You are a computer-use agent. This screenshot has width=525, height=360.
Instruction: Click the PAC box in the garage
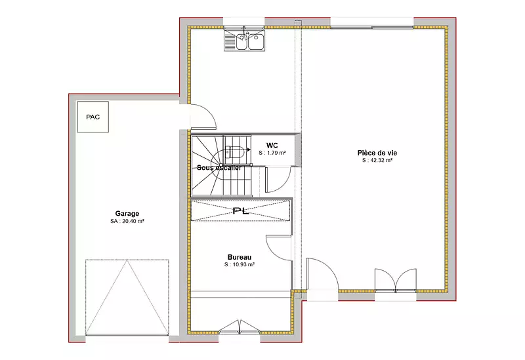click(x=93, y=117)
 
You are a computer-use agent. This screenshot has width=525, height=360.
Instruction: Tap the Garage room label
click(x=127, y=214)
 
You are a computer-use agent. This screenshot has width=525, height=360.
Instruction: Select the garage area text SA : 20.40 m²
click(x=127, y=221)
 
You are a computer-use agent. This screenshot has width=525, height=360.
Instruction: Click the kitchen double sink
click(x=244, y=41)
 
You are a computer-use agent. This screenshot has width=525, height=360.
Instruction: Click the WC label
click(x=272, y=146)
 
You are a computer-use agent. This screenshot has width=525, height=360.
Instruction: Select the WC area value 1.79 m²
click(x=276, y=153)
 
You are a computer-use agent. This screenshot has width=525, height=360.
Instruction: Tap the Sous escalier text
click(x=219, y=168)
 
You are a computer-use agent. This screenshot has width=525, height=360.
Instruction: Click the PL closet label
click(x=241, y=210)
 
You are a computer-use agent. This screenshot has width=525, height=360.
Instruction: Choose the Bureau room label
click(x=240, y=257)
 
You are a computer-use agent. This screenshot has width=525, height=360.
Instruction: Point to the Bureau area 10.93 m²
click(x=243, y=264)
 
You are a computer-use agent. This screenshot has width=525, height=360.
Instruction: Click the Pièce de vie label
click(x=377, y=153)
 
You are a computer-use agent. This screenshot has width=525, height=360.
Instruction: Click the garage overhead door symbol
click(x=127, y=297)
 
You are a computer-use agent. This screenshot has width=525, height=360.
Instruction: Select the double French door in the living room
click(x=396, y=280)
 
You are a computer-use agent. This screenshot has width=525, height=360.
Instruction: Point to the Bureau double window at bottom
click(x=240, y=327)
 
